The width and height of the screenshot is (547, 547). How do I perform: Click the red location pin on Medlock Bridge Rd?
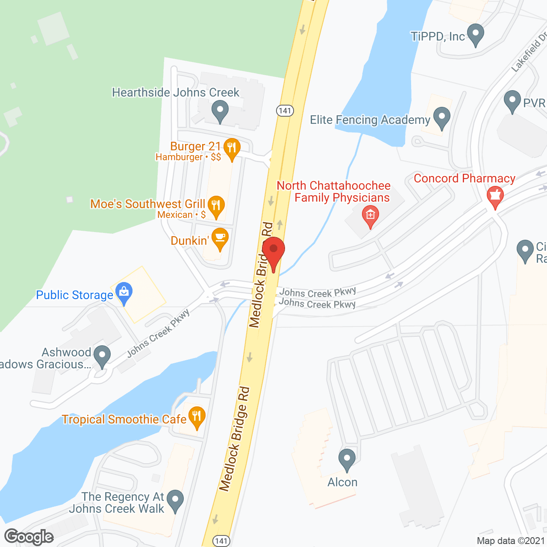273,252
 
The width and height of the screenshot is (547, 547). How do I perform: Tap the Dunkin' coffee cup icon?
220,239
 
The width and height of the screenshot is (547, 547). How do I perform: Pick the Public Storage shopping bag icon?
124,293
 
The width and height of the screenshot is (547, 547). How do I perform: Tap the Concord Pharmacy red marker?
495,197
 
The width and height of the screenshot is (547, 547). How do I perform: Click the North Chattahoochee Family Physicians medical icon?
370,215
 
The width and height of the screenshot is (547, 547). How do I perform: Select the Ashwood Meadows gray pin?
102,356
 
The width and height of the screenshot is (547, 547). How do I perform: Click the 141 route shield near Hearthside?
285,111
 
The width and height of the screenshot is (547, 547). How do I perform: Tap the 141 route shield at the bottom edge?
221,541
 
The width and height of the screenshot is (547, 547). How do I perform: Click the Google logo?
29,537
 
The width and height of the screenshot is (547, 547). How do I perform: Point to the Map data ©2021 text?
511,541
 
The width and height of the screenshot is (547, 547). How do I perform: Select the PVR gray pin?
512,101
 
